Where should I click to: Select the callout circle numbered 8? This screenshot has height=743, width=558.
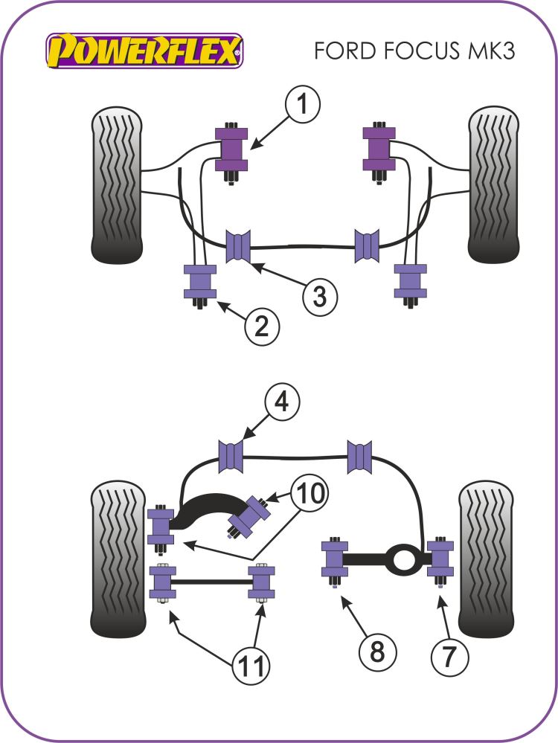(377, 652)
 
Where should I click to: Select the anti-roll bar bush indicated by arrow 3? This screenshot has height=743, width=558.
(239, 246)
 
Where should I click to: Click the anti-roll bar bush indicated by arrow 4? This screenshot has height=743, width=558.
(232, 455)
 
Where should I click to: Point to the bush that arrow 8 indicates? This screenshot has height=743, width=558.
(334, 560)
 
